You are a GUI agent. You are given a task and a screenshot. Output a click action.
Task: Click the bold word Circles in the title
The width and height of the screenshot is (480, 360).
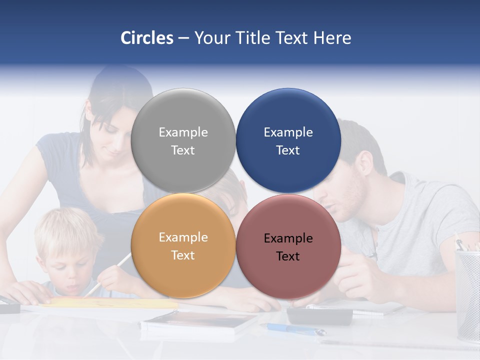(x=147, y=38)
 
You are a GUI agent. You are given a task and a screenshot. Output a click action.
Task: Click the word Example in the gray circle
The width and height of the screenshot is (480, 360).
(x=183, y=132)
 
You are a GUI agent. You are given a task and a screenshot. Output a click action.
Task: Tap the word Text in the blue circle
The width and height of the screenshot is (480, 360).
(x=288, y=150)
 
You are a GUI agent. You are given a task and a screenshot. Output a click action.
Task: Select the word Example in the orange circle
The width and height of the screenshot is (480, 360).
(x=183, y=237)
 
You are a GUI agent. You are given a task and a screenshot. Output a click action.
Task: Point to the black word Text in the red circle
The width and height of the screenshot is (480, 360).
(x=288, y=256)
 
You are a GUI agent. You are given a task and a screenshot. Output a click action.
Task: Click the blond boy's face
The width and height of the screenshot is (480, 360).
(x=67, y=270)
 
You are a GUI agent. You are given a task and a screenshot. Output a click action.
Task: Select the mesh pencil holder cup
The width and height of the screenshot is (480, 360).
(x=467, y=295)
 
